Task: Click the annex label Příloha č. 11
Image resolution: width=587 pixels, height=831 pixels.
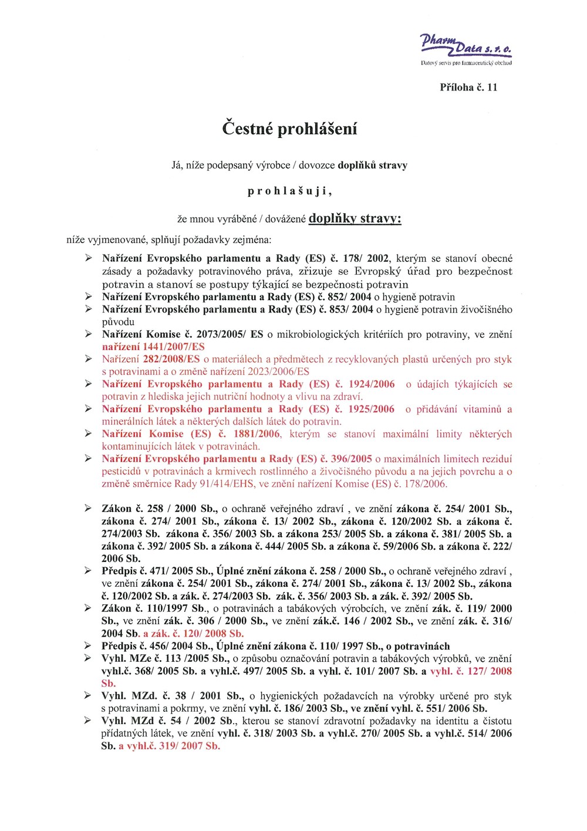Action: click(468, 88)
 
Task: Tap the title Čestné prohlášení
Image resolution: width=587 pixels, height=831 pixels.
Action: click(289, 129)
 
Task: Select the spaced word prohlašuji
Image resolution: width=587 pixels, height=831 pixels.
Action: click(289, 191)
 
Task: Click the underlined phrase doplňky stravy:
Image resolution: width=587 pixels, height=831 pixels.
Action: click(355, 218)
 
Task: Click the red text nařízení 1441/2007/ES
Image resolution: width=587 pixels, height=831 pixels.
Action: click(153, 346)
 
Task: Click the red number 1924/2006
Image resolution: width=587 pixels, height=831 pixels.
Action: click(372, 384)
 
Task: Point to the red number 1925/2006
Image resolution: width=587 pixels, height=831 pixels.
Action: click(371, 409)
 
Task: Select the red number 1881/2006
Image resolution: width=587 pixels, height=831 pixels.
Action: click(257, 434)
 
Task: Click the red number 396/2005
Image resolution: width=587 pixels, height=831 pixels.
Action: click(352, 459)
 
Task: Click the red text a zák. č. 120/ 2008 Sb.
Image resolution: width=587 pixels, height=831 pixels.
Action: click(193, 634)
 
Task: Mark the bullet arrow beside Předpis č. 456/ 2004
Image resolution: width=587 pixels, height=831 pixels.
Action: click(88, 646)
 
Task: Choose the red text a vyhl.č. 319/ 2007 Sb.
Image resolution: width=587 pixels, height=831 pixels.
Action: click(170, 746)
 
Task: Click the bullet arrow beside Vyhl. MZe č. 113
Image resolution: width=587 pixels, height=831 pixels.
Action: click(88, 658)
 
